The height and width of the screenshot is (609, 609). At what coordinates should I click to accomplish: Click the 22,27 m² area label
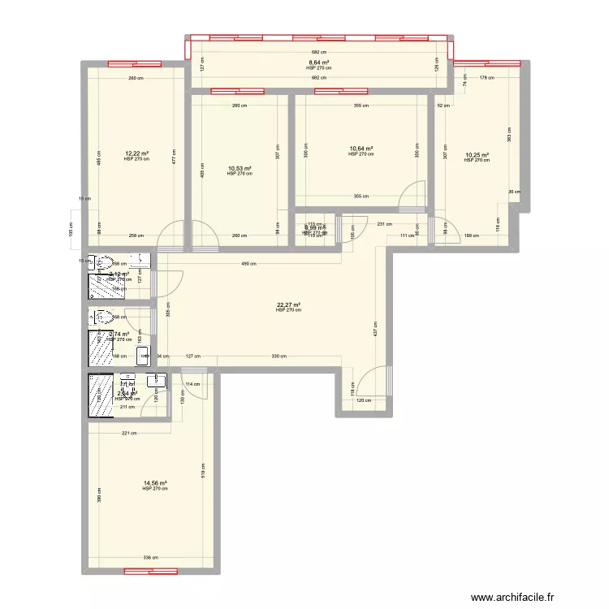tap(288, 304)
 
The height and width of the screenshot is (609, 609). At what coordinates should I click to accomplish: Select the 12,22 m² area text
tap(136, 153)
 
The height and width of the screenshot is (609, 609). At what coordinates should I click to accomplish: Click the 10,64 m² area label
tap(361, 149)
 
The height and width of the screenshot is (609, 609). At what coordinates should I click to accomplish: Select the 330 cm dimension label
tap(278, 356)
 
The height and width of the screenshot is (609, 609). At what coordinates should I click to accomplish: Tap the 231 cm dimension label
tap(384, 224)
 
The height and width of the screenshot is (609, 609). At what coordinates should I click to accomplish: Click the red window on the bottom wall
tap(150, 572)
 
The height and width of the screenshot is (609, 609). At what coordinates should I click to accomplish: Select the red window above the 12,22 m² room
tap(134, 63)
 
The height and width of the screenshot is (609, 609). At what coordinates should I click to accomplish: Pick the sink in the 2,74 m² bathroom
tap(143, 354)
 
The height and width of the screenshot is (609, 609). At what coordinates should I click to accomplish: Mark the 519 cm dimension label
tap(202, 468)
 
